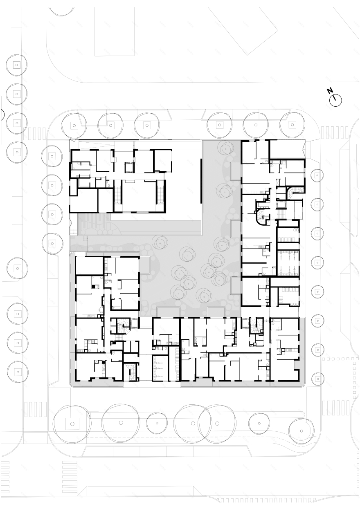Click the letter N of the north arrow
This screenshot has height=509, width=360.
pos(330,91)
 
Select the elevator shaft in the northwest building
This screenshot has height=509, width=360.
pos(129,167)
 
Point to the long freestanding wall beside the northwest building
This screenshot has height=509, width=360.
pos(201,180)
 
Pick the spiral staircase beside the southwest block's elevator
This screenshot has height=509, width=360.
pos(122,326)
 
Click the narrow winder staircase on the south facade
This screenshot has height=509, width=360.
pos(132,372)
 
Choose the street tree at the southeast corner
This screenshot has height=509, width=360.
pos(301,431)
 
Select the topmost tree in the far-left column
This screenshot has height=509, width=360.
pos(16,65)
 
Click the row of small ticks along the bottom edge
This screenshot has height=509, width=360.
pos(266,500)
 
